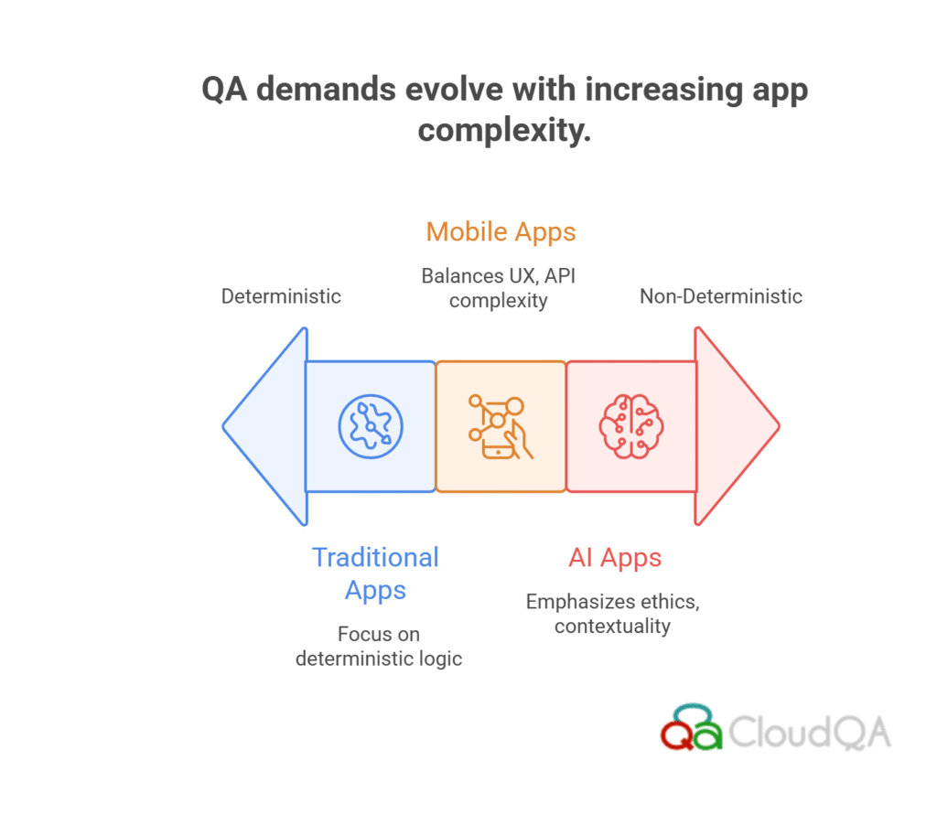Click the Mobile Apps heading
pyautogui.click(x=501, y=232)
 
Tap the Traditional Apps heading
pyautogui.click(x=375, y=573)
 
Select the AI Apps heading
pyautogui.click(x=615, y=558)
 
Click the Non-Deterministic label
pyautogui.click(x=721, y=296)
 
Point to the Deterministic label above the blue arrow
pyautogui.click(x=281, y=296)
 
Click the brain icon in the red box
pyautogui.click(x=631, y=426)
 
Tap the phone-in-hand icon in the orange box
pyautogui.click(x=501, y=426)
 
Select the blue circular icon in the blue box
pyautogui.click(x=371, y=426)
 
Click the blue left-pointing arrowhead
pyautogui.click(x=264, y=426)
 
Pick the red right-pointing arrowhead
pyautogui.click(x=737, y=426)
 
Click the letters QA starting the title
pyautogui.click(x=224, y=90)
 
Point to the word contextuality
pyautogui.click(x=612, y=627)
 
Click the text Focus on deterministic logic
pyautogui.click(x=379, y=647)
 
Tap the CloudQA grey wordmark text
pyautogui.click(x=810, y=732)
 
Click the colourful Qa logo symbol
pyautogui.click(x=692, y=727)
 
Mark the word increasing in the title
pyautogui.click(x=663, y=91)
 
